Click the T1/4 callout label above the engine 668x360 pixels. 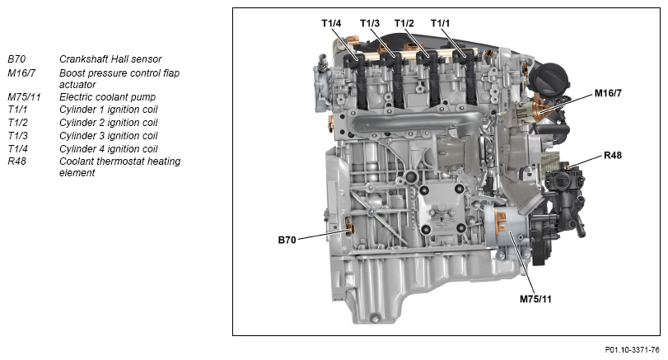point(331,23)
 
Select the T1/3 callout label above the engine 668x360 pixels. point(369,23)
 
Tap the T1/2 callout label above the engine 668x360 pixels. point(404,23)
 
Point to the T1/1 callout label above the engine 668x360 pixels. point(440,23)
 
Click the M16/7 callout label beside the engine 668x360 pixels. point(608,93)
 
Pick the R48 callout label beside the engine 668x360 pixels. point(613,155)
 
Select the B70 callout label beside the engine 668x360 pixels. point(287,240)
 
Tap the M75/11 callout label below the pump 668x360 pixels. point(535,299)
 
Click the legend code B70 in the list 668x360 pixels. point(16,59)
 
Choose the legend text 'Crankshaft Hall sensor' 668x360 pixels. point(110,59)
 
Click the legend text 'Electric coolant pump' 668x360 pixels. point(107,97)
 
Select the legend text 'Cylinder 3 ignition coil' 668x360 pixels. point(108,136)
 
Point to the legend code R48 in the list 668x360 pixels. point(16,161)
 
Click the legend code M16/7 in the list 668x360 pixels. point(21,73)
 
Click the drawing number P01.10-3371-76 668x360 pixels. point(633,350)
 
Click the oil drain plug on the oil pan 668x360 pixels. point(375,318)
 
